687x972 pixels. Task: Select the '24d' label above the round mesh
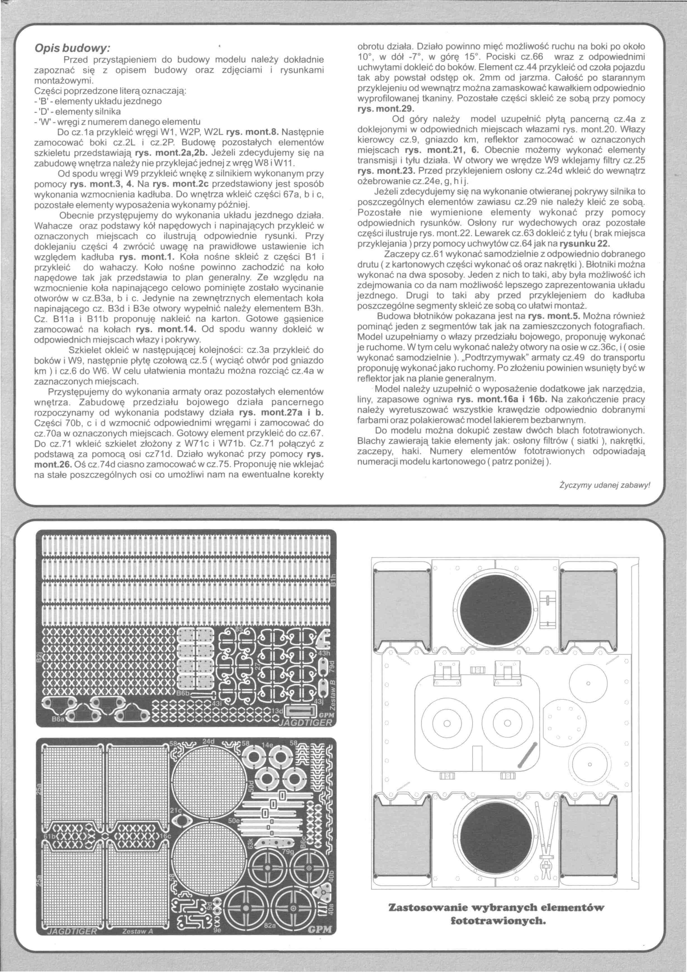[209, 742]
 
